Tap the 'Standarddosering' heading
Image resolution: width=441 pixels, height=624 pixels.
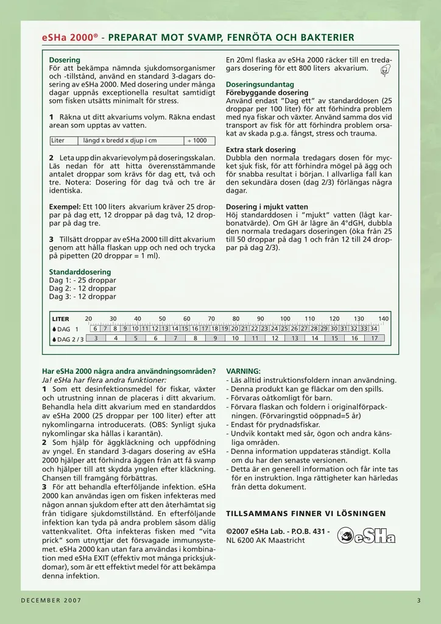click(80, 272)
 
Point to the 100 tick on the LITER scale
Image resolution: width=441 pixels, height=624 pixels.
click(285, 319)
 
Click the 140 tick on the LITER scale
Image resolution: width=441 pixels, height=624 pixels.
click(383, 319)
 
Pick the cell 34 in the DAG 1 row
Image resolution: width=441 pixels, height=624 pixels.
click(373, 329)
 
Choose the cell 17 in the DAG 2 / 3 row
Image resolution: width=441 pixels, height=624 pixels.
click(374, 338)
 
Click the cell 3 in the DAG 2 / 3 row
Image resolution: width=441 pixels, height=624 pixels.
click(96, 338)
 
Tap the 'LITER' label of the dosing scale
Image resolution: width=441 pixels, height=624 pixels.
click(61, 319)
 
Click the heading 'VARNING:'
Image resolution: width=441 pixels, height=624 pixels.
click(243, 370)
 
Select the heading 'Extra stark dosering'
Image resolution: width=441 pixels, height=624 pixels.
click(261, 149)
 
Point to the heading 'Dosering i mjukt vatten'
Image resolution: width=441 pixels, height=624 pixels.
click(267, 207)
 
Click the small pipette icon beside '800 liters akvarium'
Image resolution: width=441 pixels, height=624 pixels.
click(385, 71)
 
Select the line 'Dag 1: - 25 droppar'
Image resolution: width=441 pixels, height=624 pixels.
click(82, 280)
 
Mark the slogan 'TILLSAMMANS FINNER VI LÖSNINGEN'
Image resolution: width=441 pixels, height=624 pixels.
click(306, 513)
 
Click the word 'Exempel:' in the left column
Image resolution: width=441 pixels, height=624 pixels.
click(65, 207)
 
